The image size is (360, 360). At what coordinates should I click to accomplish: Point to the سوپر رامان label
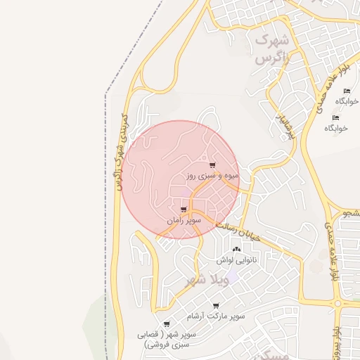(x=184, y=220)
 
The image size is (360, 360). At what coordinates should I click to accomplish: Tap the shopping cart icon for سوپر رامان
(x=184, y=210)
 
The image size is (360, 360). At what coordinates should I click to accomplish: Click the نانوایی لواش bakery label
(x=236, y=259)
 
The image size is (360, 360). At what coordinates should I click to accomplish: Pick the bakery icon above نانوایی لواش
(x=236, y=250)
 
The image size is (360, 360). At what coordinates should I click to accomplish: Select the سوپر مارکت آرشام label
(x=220, y=316)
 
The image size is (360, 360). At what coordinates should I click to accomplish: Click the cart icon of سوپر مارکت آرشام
(x=216, y=306)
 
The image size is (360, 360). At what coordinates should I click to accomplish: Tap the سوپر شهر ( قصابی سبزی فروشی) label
(x=167, y=340)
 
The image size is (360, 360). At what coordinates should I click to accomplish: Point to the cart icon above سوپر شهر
(x=167, y=324)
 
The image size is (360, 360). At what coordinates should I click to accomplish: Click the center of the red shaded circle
(x=181, y=179)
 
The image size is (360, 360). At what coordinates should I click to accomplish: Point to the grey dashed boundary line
(x=106, y=211)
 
